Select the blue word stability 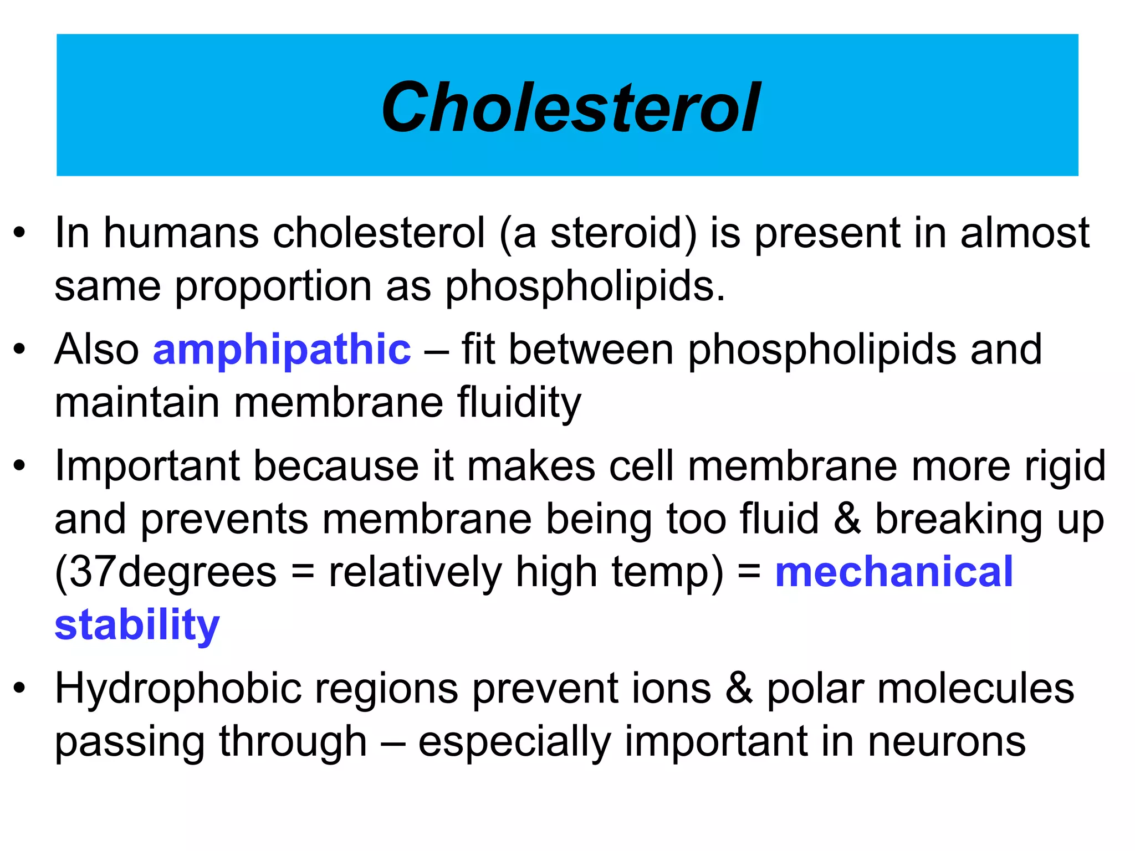pos(137,625)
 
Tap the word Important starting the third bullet pos(147,465)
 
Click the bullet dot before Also pos(20,350)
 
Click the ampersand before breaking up pos(847,519)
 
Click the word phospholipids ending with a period pos(584,286)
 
